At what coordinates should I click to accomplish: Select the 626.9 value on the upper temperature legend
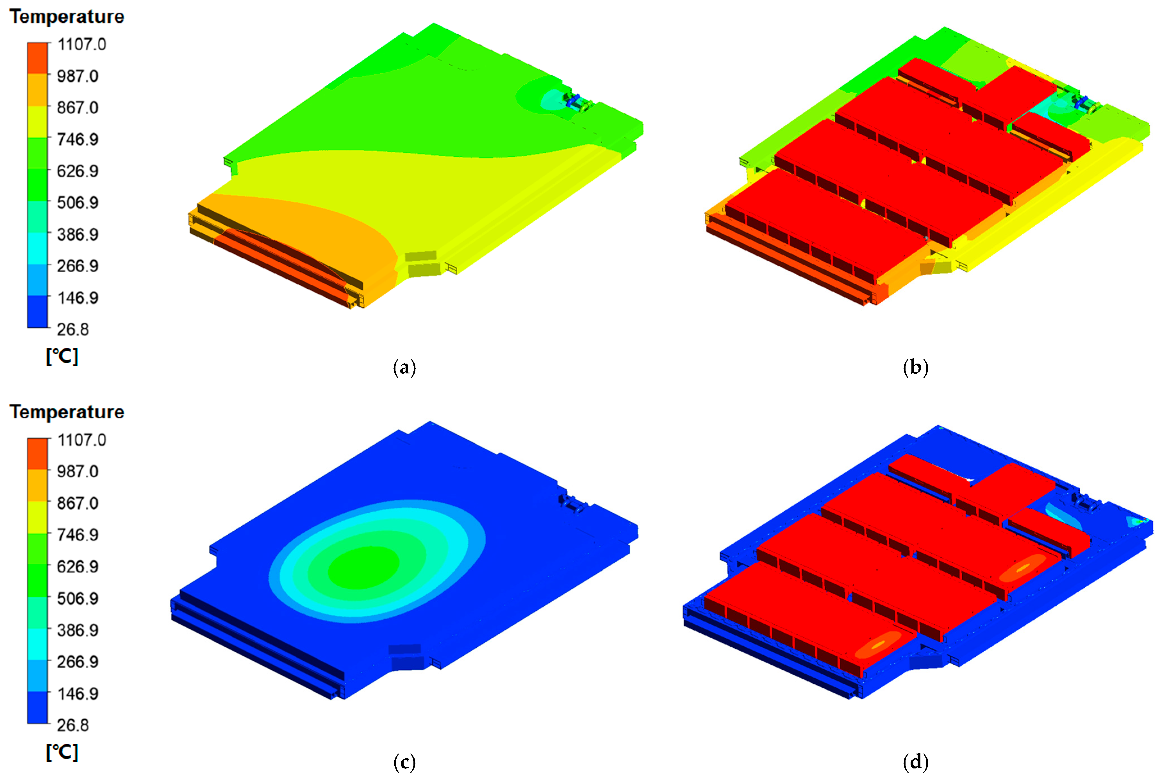[x=78, y=171]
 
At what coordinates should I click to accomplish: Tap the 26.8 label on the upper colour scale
[x=73, y=329]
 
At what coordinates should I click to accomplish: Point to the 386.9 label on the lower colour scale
[x=78, y=630]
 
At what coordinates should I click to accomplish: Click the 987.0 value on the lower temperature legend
[x=78, y=471]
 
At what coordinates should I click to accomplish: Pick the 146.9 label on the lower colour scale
[x=78, y=694]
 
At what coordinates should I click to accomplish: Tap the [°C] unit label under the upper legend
[x=62, y=356]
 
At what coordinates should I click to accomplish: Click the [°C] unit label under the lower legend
[x=62, y=752]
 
